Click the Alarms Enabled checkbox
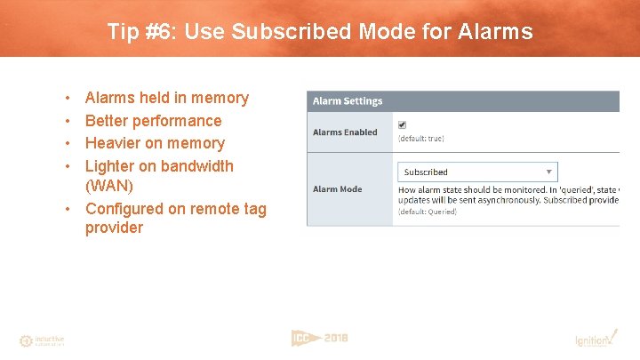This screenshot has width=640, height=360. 403,124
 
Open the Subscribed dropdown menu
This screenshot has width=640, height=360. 477,172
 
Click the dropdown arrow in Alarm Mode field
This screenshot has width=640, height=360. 550,172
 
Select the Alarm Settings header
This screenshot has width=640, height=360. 348,101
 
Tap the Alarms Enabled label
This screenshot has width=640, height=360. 345,132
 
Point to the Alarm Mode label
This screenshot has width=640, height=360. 337,188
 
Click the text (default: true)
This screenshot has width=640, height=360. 421,139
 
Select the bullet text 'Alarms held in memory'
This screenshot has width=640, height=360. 166,98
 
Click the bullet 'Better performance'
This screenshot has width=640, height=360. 153,121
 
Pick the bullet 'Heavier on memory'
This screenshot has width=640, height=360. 155,143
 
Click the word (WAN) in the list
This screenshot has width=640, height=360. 110,186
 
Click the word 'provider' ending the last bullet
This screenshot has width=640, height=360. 114,228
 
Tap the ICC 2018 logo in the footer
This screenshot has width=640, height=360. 319,338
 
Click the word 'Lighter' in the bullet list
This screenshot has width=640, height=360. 110,166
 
